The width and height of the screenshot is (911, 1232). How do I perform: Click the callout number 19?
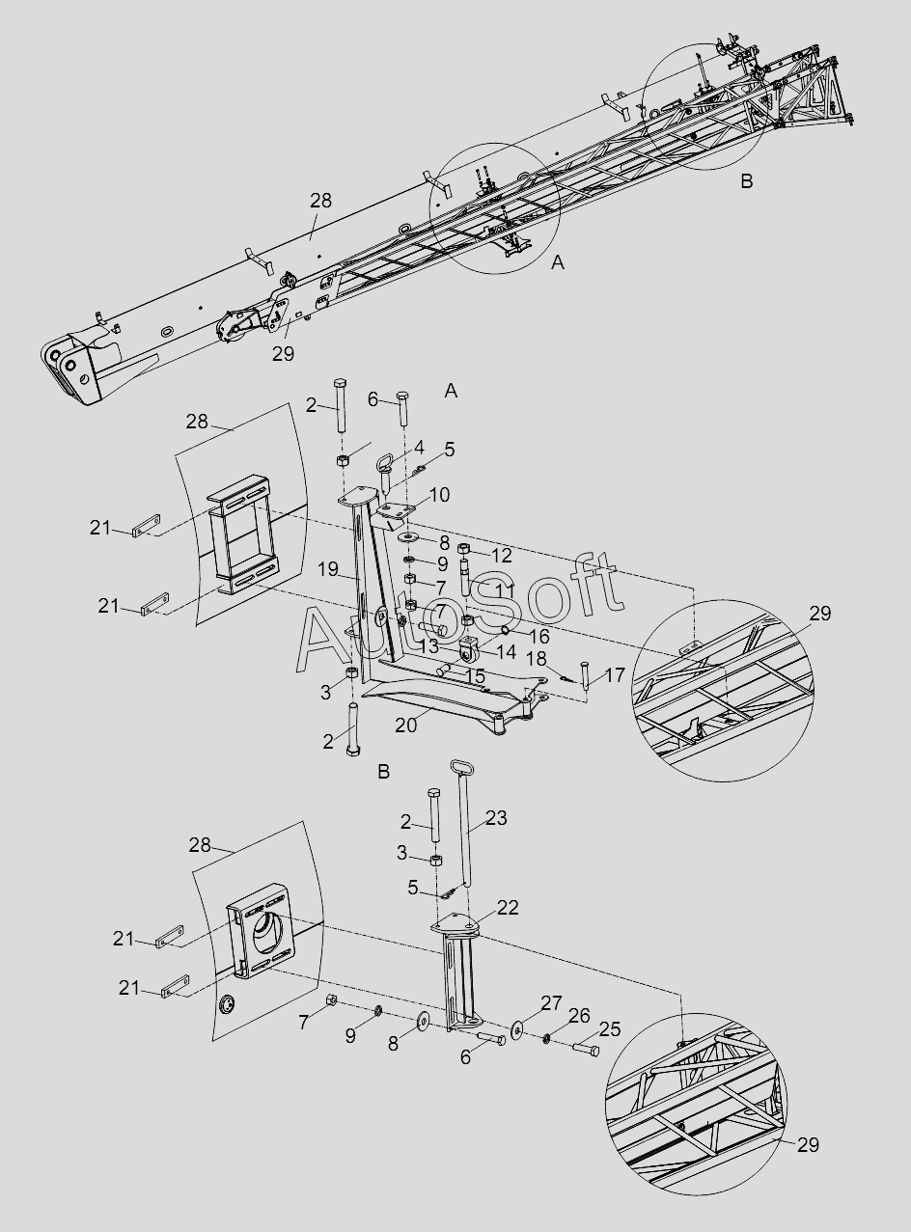click(329, 569)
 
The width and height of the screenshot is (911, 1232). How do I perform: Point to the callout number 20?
click(406, 724)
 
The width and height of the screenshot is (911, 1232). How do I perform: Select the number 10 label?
click(439, 495)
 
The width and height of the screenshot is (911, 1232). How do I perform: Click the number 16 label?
click(538, 636)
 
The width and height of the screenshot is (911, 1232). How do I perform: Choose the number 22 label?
click(508, 907)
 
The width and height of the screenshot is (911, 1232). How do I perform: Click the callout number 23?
click(495, 817)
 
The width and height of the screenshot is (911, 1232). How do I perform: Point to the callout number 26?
click(579, 1015)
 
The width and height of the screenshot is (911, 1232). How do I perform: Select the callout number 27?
click(551, 1003)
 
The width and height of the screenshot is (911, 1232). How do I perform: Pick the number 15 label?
click(475, 676)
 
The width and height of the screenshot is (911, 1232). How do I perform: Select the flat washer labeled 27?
click(519, 1030)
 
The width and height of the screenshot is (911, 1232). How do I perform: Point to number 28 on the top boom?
click(320, 200)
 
